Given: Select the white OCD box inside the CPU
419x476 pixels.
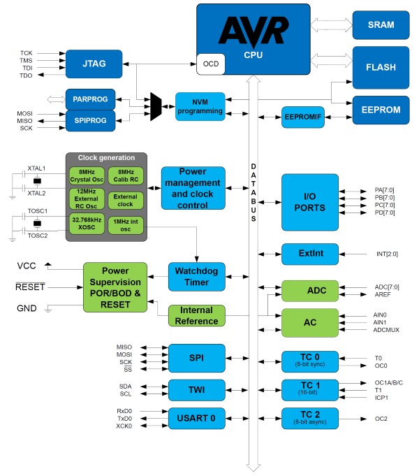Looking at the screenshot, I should coord(211,64).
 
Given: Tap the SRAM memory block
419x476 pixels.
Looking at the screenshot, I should coord(381,24).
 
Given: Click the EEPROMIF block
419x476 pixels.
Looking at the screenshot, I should coord(302,117).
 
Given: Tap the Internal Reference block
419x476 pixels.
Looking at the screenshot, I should coord(196,315).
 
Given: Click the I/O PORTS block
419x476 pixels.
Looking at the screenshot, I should coord(309,202).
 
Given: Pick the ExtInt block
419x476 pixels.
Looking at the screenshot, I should coord(309,254).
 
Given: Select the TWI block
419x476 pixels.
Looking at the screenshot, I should coord(196,390).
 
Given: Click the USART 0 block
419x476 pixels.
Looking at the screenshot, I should coord(196,418).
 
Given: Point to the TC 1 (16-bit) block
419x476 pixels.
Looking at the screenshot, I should coord(309,390).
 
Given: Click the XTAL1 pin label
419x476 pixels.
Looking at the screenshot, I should coord(36,169).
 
